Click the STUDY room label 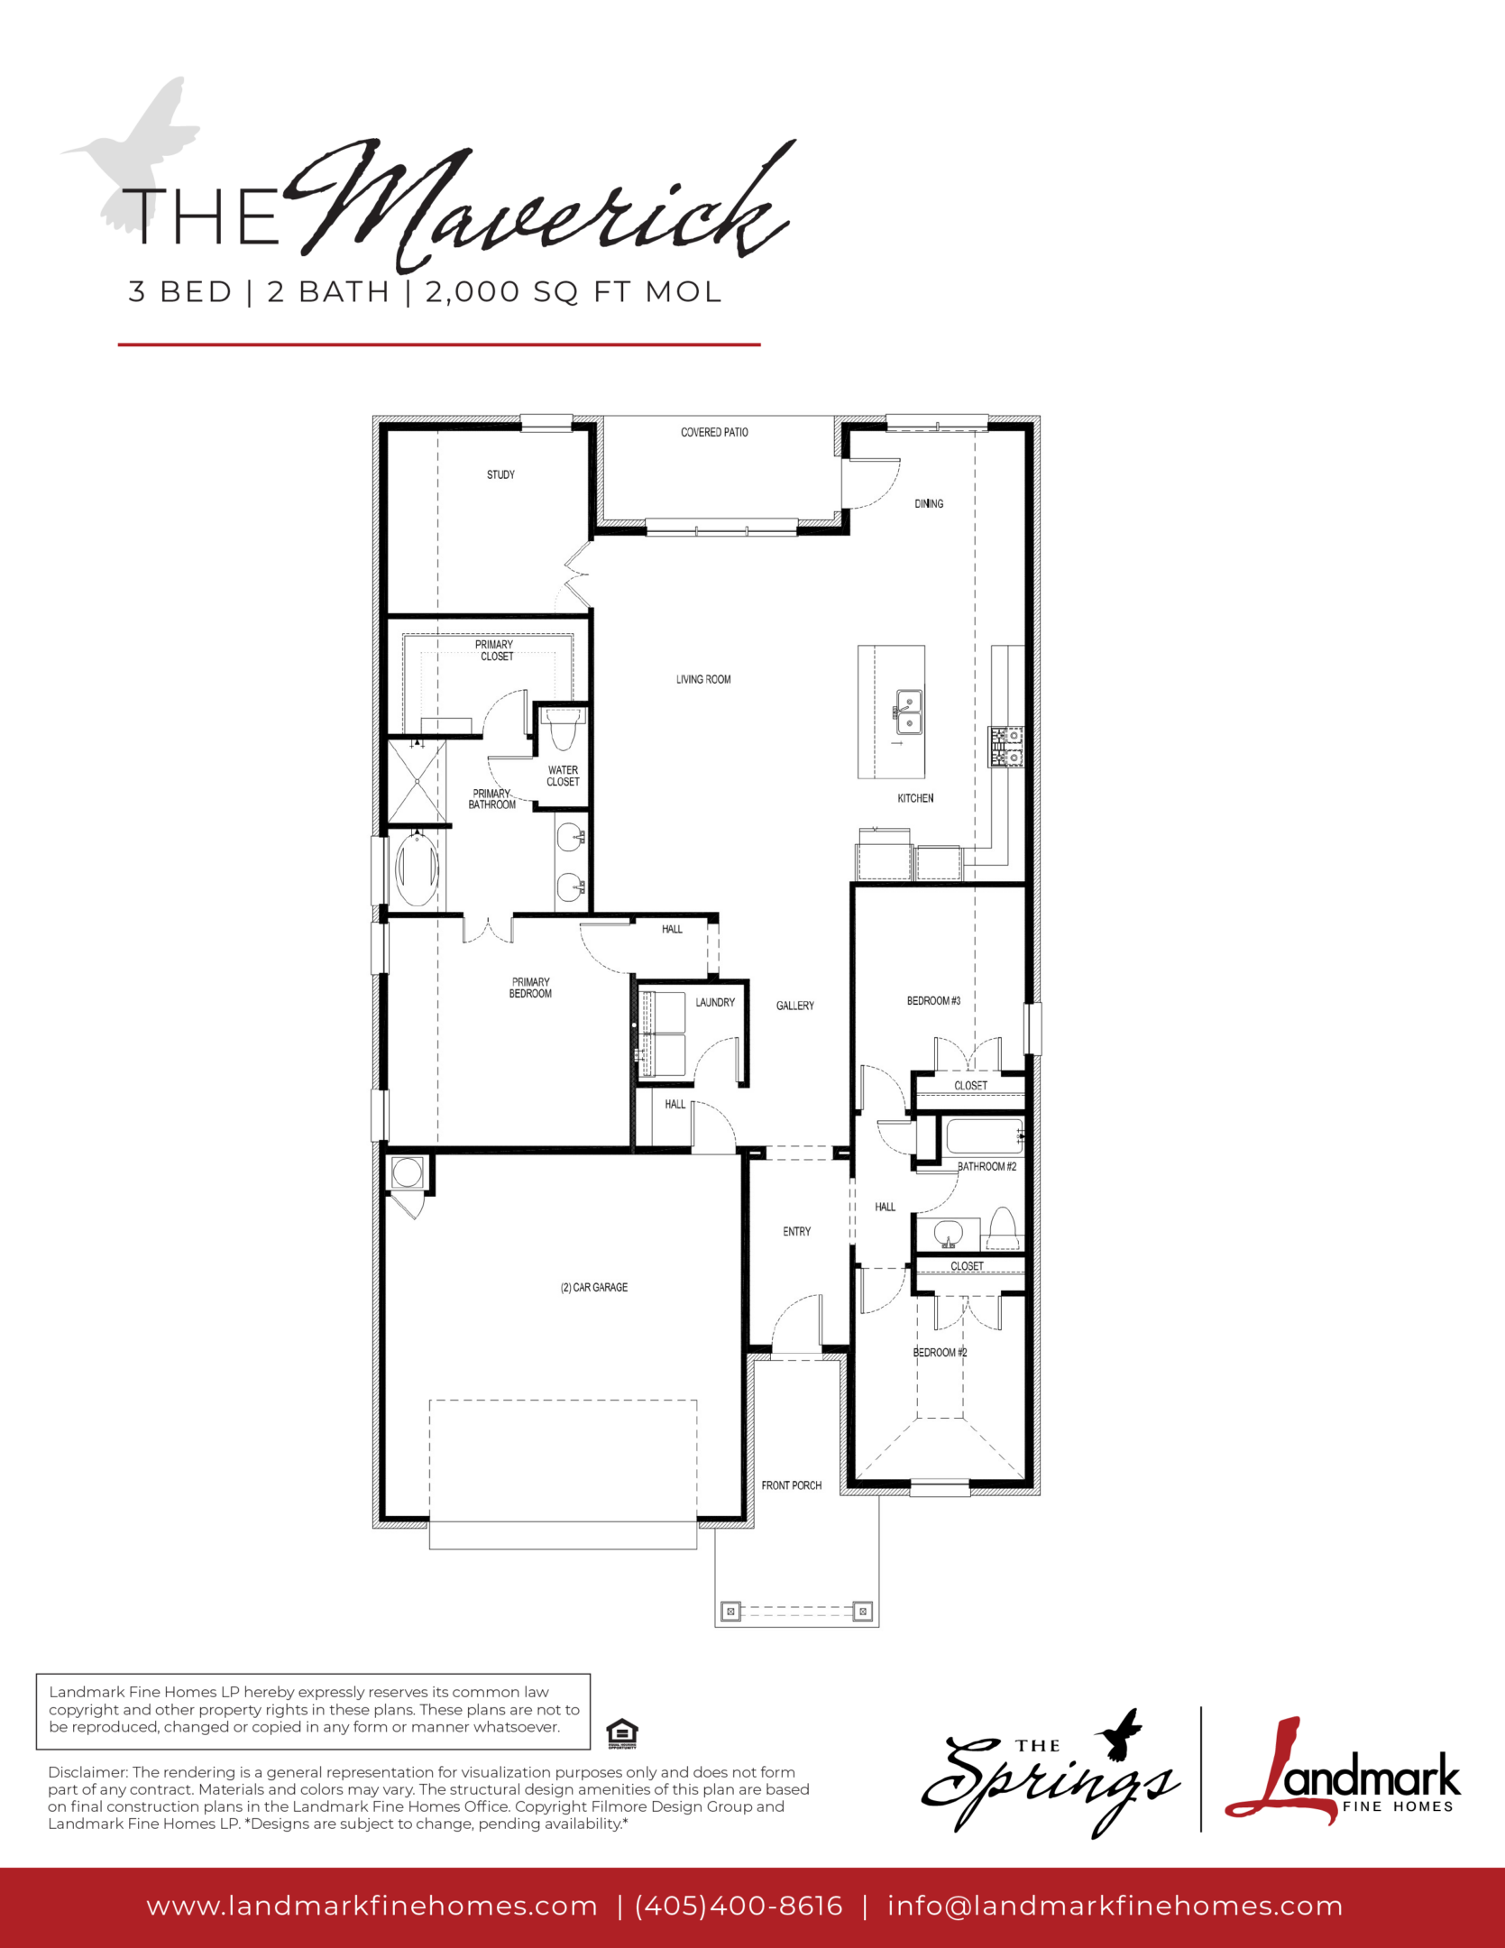click(500, 474)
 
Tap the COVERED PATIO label click(714, 432)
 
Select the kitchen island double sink click(908, 712)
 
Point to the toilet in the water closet click(562, 728)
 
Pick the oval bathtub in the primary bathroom click(417, 869)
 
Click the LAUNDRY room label click(715, 1002)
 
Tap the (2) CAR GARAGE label click(594, 1287)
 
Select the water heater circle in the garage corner click(407, 1172)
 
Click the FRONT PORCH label click(791, 1485)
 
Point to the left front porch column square click(731, 1611)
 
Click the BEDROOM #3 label click(933, 1000)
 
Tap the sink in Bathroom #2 click(948, 1233)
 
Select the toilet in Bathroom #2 click(1003, 1227)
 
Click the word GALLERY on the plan click(795, 1006)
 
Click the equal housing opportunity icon click(622, 1733)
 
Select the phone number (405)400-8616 click(739, 1906)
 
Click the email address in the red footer click(1115, 1906)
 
